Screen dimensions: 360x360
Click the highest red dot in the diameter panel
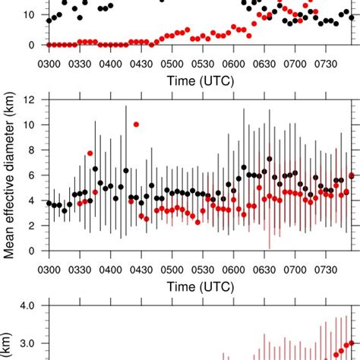coord(136,124)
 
